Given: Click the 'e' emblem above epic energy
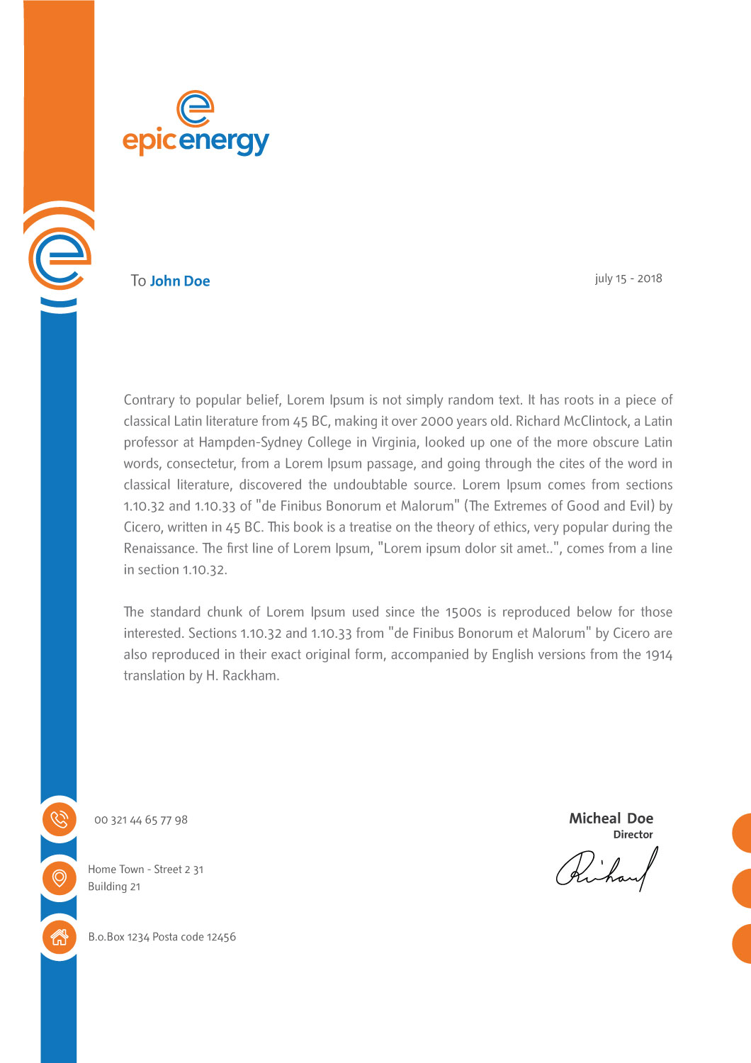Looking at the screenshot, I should pos(195,108).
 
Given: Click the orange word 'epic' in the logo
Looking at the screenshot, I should pos(149,141).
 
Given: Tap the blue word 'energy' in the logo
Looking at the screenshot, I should pos(224,141).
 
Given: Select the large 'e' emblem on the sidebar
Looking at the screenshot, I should pos(60,258).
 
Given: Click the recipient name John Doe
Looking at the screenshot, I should pos(180,281).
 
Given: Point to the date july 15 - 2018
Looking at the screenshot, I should pos(628,279).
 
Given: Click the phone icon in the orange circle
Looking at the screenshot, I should pos(60,819).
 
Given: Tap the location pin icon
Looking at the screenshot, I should pos(60,878).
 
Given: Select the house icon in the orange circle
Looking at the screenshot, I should pos(60,937).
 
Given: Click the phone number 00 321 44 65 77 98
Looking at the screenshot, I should pos(141,820).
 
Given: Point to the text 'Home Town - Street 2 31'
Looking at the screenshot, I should pos(145,870).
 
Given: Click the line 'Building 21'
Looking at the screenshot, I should pos(114,887).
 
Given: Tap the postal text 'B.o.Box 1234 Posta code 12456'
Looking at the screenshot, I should pos(162,937).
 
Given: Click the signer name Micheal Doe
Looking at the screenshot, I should pos(611,819).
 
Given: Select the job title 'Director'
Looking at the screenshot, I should pos(633,835).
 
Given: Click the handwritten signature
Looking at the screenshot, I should pos(607,870).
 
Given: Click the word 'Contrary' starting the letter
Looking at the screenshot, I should pos(149,400).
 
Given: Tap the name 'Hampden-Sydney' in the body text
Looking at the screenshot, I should pos(275,442).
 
